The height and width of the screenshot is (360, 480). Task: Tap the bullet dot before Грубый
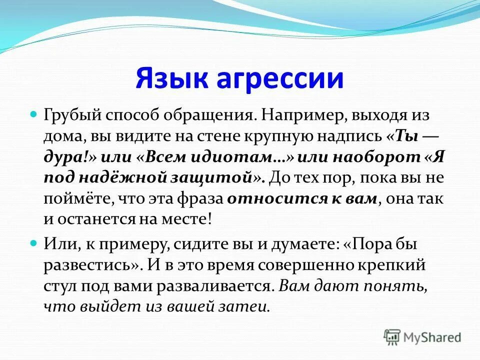point(34,114)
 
